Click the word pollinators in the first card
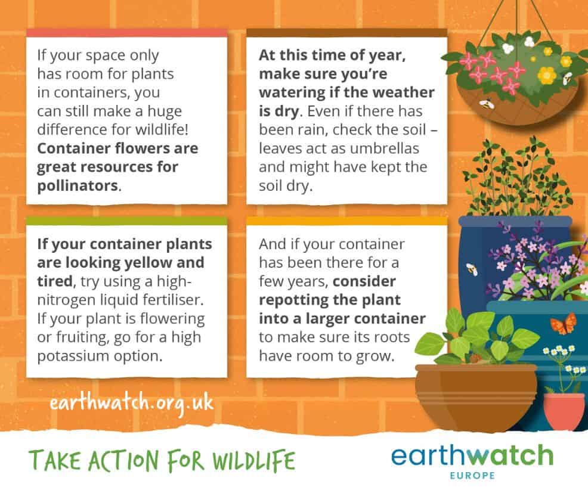pos(78,186)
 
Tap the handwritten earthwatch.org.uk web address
pos(132,404)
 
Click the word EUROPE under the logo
pos(472,475)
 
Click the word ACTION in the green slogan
pos(124,461)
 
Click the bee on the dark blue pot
pos(472,269)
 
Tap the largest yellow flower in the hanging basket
pos(547,75)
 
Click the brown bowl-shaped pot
pos(476,398)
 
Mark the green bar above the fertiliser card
pos(127,221)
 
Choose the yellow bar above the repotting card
pos(347,221)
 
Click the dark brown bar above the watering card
pos(347,33)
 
